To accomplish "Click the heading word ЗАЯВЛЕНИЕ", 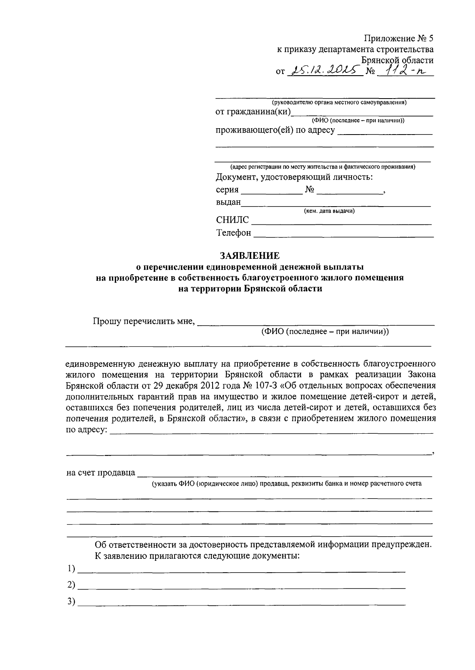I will [x=250, y=256].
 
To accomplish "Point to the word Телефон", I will [x=234, y=233].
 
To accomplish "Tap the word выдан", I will [x=228, y=202].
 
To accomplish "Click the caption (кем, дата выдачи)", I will [x=329, y=211].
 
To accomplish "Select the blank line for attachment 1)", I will [x=241, y=571].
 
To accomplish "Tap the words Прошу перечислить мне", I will [x=144, y=321].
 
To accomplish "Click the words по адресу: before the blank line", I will [x=86, y=429].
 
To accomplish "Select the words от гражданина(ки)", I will [x=253, y=112].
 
